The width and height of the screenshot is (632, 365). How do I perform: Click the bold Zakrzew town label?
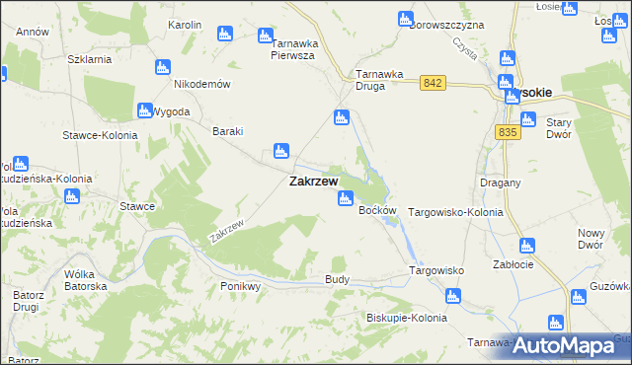313,182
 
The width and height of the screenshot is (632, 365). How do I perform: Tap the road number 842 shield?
432,83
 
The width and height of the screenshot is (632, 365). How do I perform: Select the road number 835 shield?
509,132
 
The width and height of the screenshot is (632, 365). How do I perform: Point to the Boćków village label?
377,211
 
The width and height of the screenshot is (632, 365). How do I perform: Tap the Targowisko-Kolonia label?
455,212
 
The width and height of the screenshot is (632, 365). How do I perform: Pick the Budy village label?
337,280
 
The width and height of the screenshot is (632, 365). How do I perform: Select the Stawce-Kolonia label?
98,135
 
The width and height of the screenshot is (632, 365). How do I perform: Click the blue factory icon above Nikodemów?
163,67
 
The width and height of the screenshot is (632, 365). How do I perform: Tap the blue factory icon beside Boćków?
345,199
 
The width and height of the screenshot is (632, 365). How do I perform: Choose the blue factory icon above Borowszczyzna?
405,19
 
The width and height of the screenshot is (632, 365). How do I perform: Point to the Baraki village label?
228,131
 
